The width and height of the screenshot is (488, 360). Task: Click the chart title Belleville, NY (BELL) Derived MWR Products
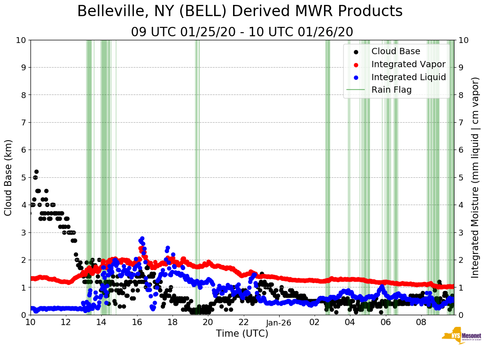pyautogui.click(x=240, y=12)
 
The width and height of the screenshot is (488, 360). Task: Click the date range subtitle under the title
pyautogui.click(x=242, y=32)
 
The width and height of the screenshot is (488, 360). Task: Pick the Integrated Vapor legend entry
pyautogui.click(x=408, y=64)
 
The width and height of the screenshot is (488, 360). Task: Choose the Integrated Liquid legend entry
pyautogui.click(x=408, y=77)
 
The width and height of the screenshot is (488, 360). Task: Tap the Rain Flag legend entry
pyautogui.click(x=391, y=90)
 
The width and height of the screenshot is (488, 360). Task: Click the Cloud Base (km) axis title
pyautogui.click(x=9, y=177)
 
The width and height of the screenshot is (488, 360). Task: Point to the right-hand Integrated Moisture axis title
pyautogui.click(x=475, y=177)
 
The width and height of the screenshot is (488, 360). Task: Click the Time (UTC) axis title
pyautogui.click(x=242, y=334)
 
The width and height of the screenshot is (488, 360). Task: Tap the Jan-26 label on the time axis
pyautogui.click(x=279, y=322)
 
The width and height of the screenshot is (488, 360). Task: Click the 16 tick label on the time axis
pyautogui.click(x=137, y=322)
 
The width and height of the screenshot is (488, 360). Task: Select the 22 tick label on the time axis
pyautogui.click(x=243, y=322)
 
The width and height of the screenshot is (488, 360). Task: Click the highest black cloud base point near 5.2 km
pyautogui.click(x=36, y=171)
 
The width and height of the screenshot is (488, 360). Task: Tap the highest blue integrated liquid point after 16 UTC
pyautogui.click(x=142, y=239)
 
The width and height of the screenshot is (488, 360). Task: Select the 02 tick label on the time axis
pyautogui.click(x=315, y=322)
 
